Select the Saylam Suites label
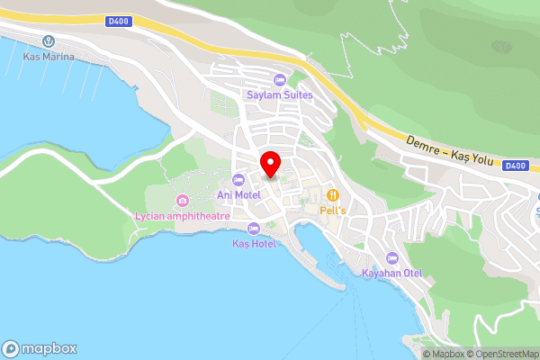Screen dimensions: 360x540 click(x=279, y=94)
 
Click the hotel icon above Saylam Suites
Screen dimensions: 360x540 click(x=279, y=80)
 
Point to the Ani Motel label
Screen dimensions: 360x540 click(x=238, y=193)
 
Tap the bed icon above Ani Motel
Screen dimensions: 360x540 click(x=238, y=179)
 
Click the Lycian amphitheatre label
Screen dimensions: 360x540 click(x=183, y=216)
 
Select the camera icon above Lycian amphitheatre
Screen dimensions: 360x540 click(x=183, y=200)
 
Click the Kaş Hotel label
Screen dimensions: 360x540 click(x=254, y=244)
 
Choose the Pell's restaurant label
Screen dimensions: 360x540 click(x=333, y=210)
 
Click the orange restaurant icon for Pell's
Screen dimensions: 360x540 click(x=333, y=195)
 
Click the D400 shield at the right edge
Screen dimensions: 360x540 click(x=515, y=166)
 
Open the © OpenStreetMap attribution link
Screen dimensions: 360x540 click(x=502, y=354)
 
